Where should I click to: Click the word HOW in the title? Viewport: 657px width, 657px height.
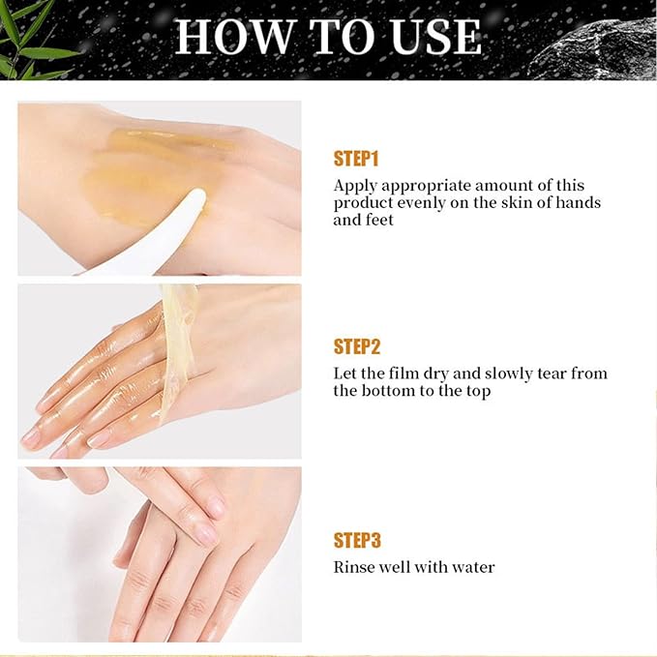click(232, 38)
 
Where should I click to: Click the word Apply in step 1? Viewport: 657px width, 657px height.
click(354, 186)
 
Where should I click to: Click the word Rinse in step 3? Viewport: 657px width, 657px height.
click(354, 567)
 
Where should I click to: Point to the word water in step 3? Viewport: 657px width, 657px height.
click(472, 567)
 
